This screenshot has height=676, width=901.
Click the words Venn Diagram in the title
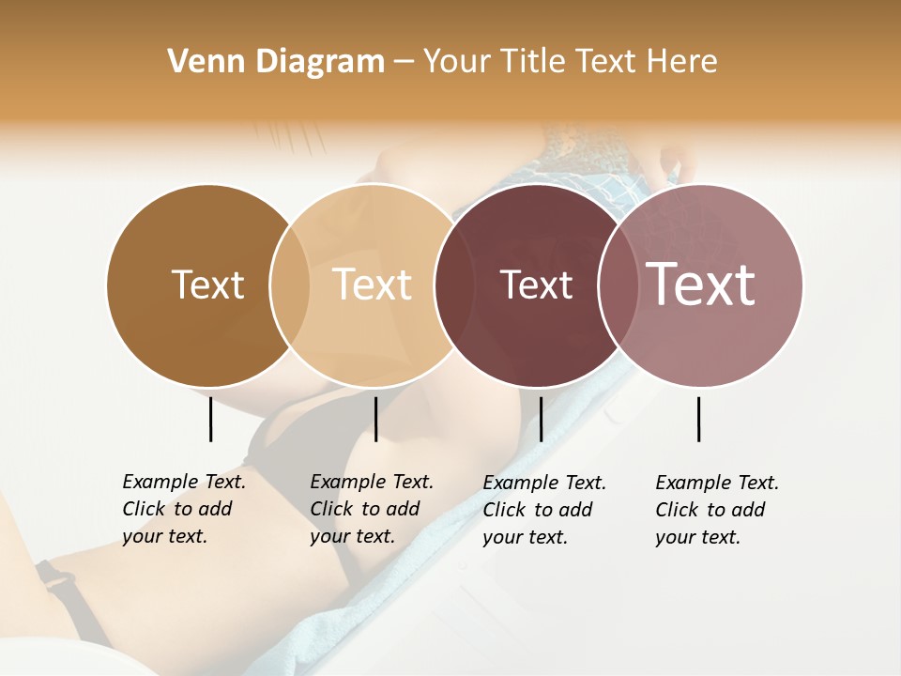(x=276, y=62)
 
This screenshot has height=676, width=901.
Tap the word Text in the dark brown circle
(x=207, y=284)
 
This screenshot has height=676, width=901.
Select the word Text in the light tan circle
(x=373, y=284)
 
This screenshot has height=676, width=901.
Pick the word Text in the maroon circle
(x=536, y=284)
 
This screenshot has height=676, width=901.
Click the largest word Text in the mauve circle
(x=701, y=284)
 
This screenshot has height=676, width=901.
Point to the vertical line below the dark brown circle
(x=210, y=419)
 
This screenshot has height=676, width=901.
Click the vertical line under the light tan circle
(x=375, y=419)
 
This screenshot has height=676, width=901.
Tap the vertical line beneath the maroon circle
(x=541, y=419)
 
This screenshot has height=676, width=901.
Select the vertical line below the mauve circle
(x=699, y=419)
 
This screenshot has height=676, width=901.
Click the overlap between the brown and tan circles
(x=290, y=284)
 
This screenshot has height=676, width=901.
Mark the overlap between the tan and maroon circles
(x=447, y=284)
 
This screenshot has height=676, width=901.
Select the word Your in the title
(x=457, y=62)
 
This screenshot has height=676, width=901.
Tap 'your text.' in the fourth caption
(x=698, y=537)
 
